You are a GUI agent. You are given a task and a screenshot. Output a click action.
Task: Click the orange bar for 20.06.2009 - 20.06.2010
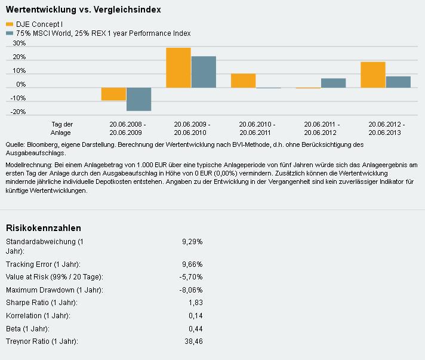(x=178, y=67)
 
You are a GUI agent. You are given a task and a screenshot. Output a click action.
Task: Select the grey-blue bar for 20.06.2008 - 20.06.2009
(x=138, y=99)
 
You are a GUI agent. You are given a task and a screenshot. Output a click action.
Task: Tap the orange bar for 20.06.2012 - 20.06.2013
(x=373, y=75)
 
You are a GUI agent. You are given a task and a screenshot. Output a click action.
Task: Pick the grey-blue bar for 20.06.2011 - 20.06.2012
(x=333, y=83)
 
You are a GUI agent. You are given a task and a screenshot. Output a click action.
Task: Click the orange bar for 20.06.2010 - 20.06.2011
(x=243, y=81)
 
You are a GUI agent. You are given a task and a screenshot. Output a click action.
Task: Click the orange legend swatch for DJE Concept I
(x=9, y=24)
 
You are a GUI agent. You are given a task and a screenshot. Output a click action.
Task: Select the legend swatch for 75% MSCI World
(x=9, y=33)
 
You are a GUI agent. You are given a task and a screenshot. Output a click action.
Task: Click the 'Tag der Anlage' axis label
(x=62, y=128)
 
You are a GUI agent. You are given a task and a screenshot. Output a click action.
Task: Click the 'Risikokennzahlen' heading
(x=43, y=228)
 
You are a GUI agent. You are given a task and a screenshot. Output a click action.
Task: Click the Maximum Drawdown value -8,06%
(x=191, y=290)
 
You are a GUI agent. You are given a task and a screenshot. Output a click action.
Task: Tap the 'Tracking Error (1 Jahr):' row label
(x=43, y=264)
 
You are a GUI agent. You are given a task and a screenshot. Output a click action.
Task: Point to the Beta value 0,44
(x=195, y=329)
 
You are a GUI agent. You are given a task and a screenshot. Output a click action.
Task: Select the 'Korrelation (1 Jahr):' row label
(x=38, y=316)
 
